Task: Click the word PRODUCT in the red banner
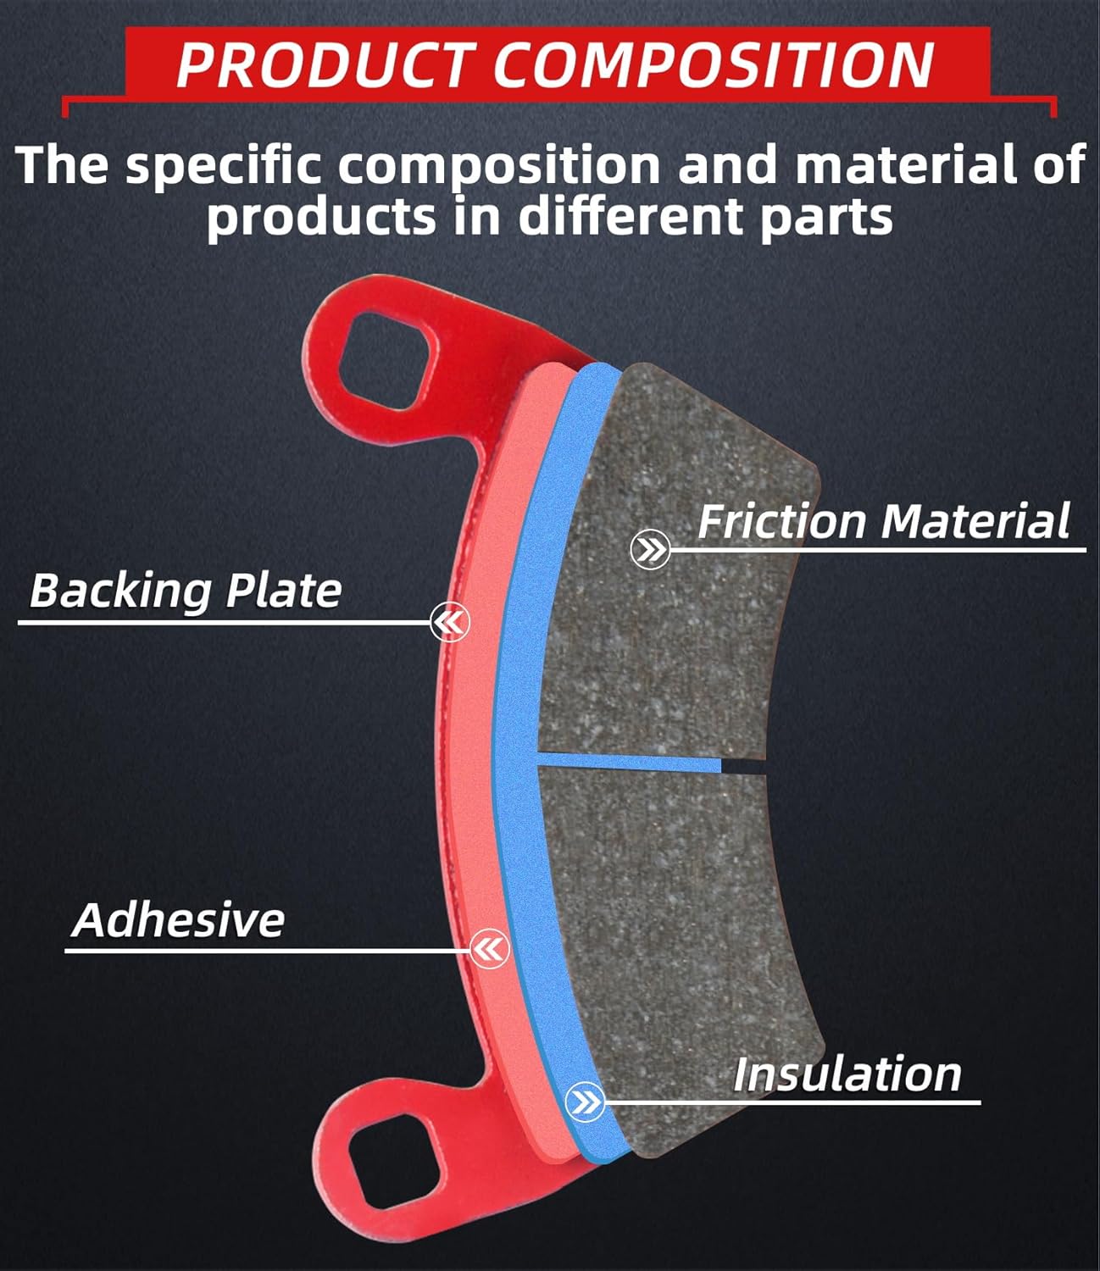(x=322, y=65)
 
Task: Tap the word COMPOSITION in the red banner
(x=713, y=65)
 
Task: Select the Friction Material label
(x=883, y=521)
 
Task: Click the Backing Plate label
(x=186, y=591)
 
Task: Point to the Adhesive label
(x=179, y=920)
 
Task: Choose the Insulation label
(x=847, y=1074)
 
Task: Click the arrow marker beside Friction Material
(x=650, y=551)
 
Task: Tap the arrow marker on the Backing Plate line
(x=449, y=624)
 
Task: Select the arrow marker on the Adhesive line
(x=489, y=949)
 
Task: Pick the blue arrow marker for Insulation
(x=585, y=1102)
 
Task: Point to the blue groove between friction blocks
(x=631, y=762)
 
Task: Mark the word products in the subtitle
(x=321, y=217)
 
